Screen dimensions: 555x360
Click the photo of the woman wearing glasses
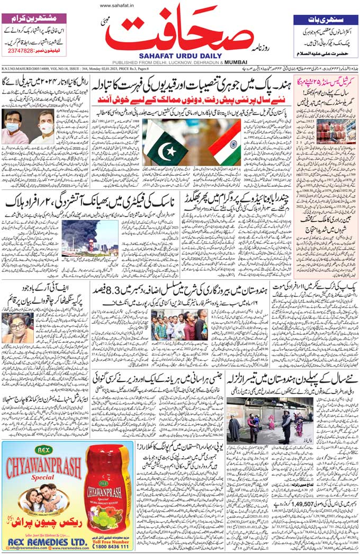pos(16,327)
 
